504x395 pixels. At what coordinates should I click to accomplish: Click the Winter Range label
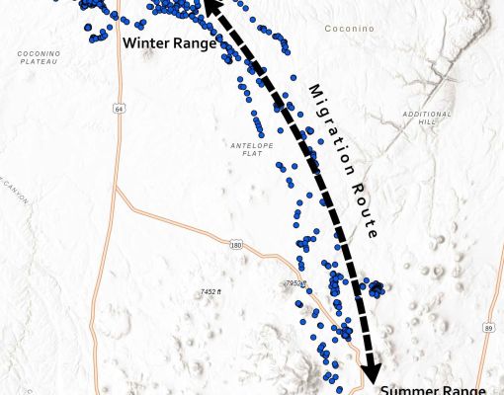pyautogui.click(x=166, y=43)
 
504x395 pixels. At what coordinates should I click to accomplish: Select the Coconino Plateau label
pyautogui.click(x=39, y=56)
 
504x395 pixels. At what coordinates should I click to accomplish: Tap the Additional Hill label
pyautogui.click(x=427, y=118)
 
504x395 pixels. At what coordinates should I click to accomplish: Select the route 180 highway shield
pyautogui.click(x=235, y=243)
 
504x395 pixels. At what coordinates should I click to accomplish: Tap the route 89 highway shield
pyautogui.click(x=488, y=327)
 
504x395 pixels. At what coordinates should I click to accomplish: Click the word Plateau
pyautogui.click(x=39, y=61)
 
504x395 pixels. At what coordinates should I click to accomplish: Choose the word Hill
pyautogui.click(x=427, y=122)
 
